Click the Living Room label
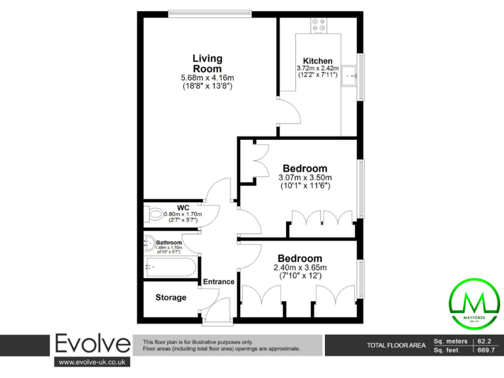pyautogui.click(x=207, y=64)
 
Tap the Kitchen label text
pyautogui.click(x=317, y=61)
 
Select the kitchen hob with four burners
pyautogui.click(x=320, y=24)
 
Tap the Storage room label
pyautogui.click(x=171, y=297)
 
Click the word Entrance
pyautogui.click(x=219, y=282)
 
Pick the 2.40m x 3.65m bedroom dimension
pyautogui.click(x=300, y=267)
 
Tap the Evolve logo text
pyautogui.click(x=92, y=343)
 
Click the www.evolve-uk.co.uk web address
pyautogui.click(x=93, y=362)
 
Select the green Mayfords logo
pyautogui.click(x=474, y=302)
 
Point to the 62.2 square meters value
pyautogui.click(x=485, y=341)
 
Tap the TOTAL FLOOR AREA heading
pyautogui.click(x=396, y=345)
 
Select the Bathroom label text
pyautogui.click(x=169, y=242)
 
